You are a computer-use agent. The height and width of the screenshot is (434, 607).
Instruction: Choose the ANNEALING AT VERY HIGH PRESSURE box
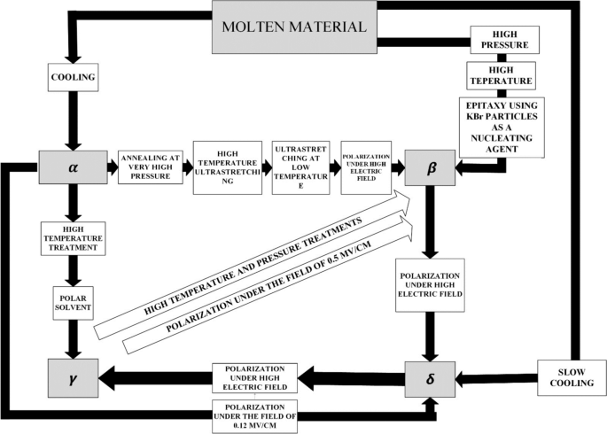point(150,166)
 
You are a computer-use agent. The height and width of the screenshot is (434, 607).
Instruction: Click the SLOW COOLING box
point(567,380)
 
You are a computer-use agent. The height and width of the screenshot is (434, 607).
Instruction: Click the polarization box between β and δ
point(431,284)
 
